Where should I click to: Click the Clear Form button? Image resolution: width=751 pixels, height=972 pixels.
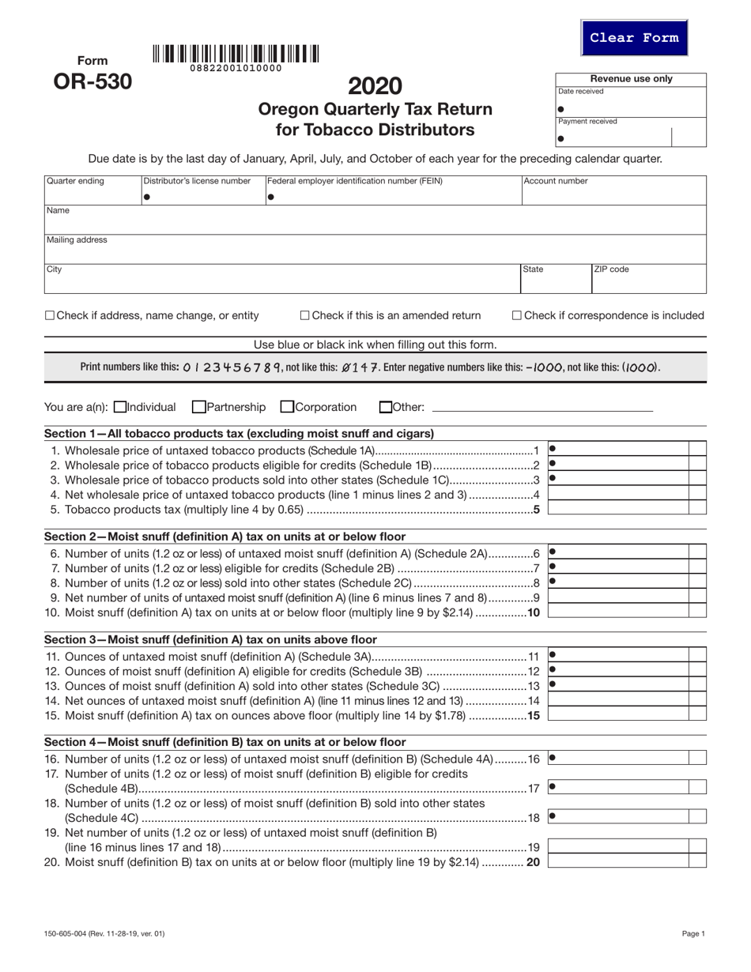coord(634,38)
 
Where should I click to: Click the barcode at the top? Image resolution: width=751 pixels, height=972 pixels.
coord(236,55)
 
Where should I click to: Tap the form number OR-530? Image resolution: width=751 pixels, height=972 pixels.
coord(92,81)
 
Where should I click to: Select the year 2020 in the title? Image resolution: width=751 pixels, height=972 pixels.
coord(375,85)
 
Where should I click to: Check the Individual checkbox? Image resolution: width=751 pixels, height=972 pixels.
coord(120,408)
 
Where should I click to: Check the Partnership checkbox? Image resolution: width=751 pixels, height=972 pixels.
coord(198,408)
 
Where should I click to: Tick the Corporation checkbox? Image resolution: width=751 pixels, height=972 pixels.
coord(287,408)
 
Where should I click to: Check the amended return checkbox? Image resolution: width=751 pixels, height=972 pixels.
coord(305,316)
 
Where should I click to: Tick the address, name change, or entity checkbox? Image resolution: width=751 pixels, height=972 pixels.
coord(50,316)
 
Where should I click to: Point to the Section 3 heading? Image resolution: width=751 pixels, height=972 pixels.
coord(210,639)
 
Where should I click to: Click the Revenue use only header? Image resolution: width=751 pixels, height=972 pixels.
coord(631,79)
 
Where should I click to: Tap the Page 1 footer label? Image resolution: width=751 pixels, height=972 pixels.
coord(693,934)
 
